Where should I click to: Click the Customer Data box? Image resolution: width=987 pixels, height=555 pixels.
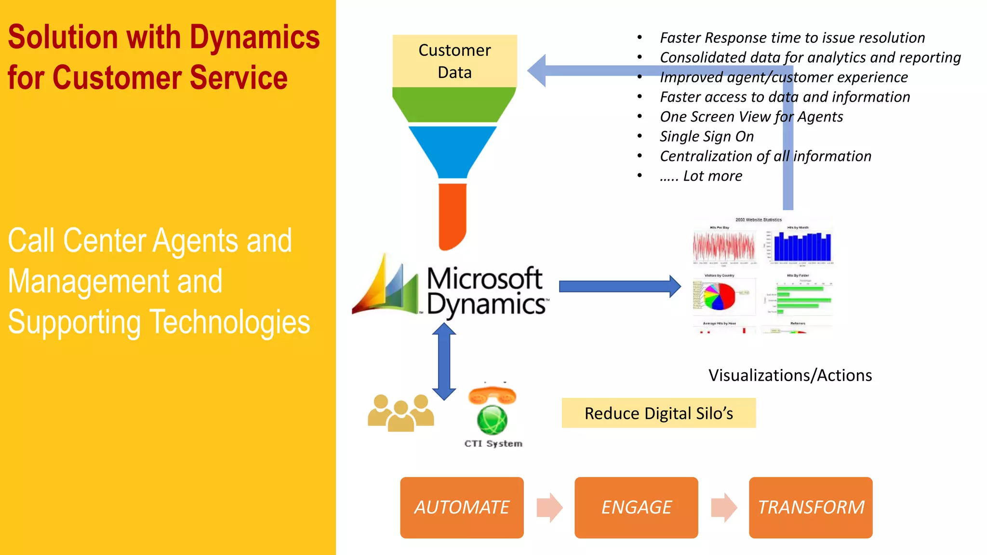(454, 61)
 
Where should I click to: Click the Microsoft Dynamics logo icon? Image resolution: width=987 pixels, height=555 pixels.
(386, 287)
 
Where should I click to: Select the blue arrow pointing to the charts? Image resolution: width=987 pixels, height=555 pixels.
(619, 287)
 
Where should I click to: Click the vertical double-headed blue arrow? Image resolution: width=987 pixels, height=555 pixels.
(444, 361)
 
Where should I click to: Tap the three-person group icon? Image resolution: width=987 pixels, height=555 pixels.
(400, 413)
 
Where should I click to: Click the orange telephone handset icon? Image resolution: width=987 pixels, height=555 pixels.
(492, 395)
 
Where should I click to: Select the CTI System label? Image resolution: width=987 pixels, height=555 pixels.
(493, 443)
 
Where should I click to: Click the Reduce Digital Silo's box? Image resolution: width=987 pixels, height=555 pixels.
(658, 413)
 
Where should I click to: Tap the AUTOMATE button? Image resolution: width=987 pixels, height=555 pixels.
(462, 507)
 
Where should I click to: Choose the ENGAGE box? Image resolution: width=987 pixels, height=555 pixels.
(636, 507)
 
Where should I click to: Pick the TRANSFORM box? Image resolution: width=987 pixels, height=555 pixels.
(811, 507)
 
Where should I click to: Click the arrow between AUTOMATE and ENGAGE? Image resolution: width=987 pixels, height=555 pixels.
(549, 507)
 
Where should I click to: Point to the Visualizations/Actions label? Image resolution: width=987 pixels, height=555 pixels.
(790, 375)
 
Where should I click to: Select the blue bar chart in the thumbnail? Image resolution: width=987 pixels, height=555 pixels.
(802, 247)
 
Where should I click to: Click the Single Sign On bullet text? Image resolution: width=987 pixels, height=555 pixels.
(707, 136)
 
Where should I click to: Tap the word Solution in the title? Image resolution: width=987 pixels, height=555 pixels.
(63, 37)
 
